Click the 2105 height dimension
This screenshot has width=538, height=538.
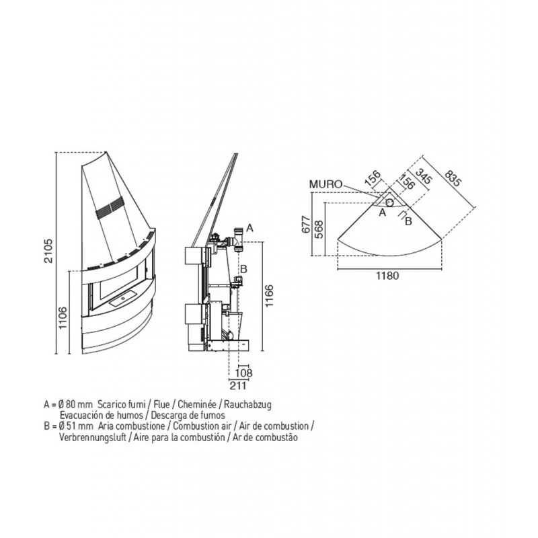click(48, 251)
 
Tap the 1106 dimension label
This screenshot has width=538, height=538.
click(63, 317)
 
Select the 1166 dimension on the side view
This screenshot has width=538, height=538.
click(269, 296)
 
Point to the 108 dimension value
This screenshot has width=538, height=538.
click(243, 373)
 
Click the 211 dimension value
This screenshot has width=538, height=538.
click(238, 385)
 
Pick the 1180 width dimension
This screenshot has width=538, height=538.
click(388, 276)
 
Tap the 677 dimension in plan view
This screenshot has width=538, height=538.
click(307, 225)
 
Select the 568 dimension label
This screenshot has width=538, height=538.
click(319, 229)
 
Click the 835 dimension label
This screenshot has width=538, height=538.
click(452, 178)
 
